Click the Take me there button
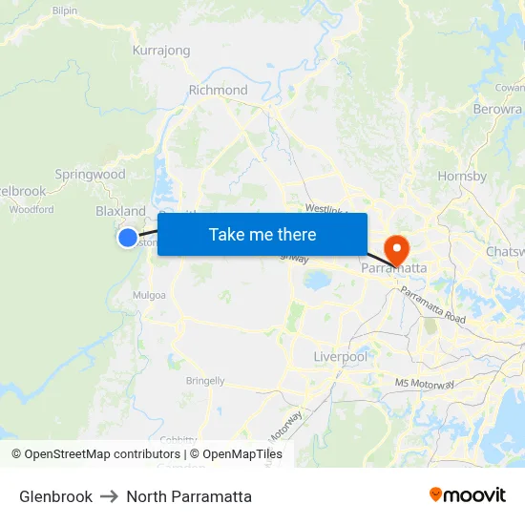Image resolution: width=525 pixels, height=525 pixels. tap(262, 234)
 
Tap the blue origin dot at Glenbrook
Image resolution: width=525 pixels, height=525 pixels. tap(128, 238)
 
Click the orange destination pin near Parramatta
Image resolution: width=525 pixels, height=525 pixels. tap(395, 250)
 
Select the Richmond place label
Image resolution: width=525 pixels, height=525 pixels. tap(218, 91)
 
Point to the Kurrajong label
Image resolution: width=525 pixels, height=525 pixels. tap(161, 51)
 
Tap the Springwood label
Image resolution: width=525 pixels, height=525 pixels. tap(90, 175)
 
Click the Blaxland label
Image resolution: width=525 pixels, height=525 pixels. tap(120, 211)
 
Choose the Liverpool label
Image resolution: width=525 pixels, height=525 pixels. tap(340, 357)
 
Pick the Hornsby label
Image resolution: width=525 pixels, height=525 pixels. tap(462, 176)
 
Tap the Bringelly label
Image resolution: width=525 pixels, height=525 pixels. tap(205, 381)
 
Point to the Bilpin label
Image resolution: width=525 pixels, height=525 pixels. tap(65, 10)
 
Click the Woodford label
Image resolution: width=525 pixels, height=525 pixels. tap(31, 209)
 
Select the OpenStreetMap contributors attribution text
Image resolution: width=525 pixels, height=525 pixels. tap(95, 454)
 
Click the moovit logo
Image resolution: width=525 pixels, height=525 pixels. tap(468, 495)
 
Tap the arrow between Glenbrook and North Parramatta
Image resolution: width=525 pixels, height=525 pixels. tap(109, 496)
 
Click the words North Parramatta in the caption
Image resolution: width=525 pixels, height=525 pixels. tap(189, 496)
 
